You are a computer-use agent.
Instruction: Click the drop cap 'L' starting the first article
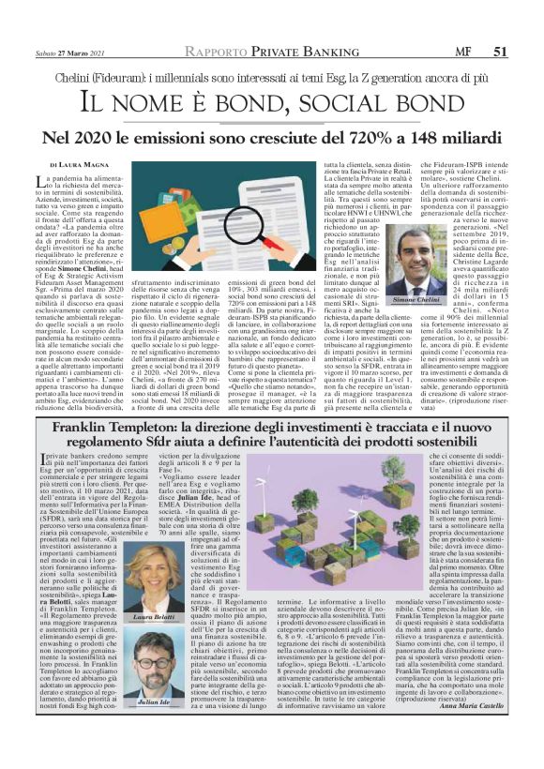[40, 182]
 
